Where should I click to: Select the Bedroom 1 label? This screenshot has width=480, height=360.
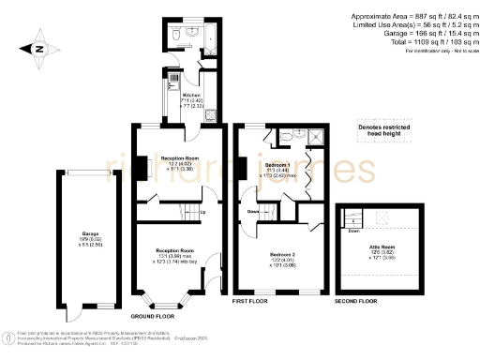(x=278, y=140)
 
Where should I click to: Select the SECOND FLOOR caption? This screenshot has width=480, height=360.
(x=357, y=301)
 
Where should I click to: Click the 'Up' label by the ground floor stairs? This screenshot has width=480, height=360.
(x=202, y=211)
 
